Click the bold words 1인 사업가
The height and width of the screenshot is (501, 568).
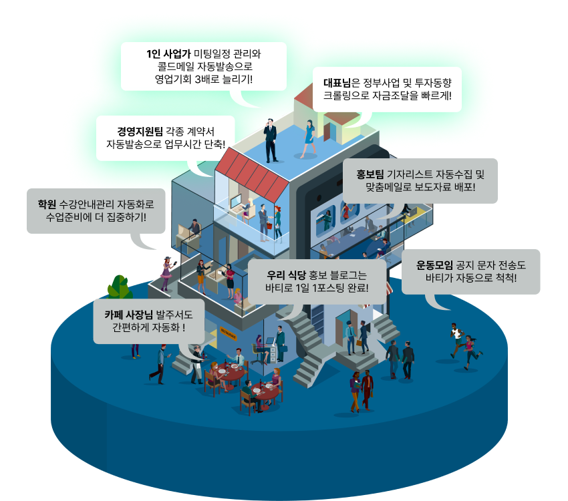[x=169, y=53]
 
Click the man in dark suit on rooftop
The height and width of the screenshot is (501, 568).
[x=271, y=140]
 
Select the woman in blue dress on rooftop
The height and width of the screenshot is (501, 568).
[x=309, y=138]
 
